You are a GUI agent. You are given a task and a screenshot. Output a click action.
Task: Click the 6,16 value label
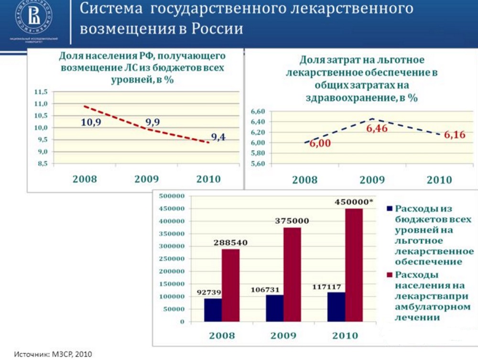click(x=455, y=135)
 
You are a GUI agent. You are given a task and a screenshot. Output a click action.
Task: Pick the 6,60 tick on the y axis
click(x=257, y=111)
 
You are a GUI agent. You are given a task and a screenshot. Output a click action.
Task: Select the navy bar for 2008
click(x=212, y=310)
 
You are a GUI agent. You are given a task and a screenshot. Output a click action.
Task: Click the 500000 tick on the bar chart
click(x=172, y=196)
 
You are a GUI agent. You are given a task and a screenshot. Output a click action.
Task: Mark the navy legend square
click(x=389, y=208)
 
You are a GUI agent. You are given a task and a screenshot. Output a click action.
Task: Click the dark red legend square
click(x=389, y=275)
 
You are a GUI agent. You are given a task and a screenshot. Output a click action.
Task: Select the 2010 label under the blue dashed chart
click(x=439, y=180)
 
